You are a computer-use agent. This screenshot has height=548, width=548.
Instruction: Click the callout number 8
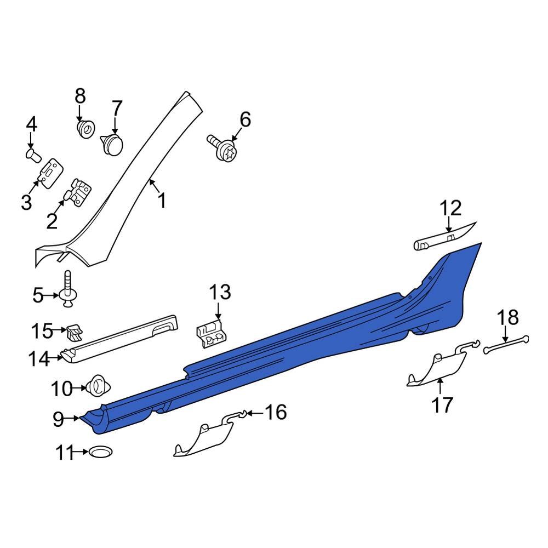pyautogui.click(x=80, y=96)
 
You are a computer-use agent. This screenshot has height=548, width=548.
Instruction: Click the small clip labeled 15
pyautogui.click(x=74, y=331)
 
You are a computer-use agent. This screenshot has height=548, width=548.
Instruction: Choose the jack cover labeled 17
pyautogui.click(x=436, y=371)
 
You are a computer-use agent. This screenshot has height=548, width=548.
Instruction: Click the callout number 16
pyautogui.click(x=276, y=412)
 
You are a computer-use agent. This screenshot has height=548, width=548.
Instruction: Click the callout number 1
pyautogui.click(x=162, y=201)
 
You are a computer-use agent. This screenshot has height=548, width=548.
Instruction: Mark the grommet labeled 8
pyautogui.click(x=85, y=130)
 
